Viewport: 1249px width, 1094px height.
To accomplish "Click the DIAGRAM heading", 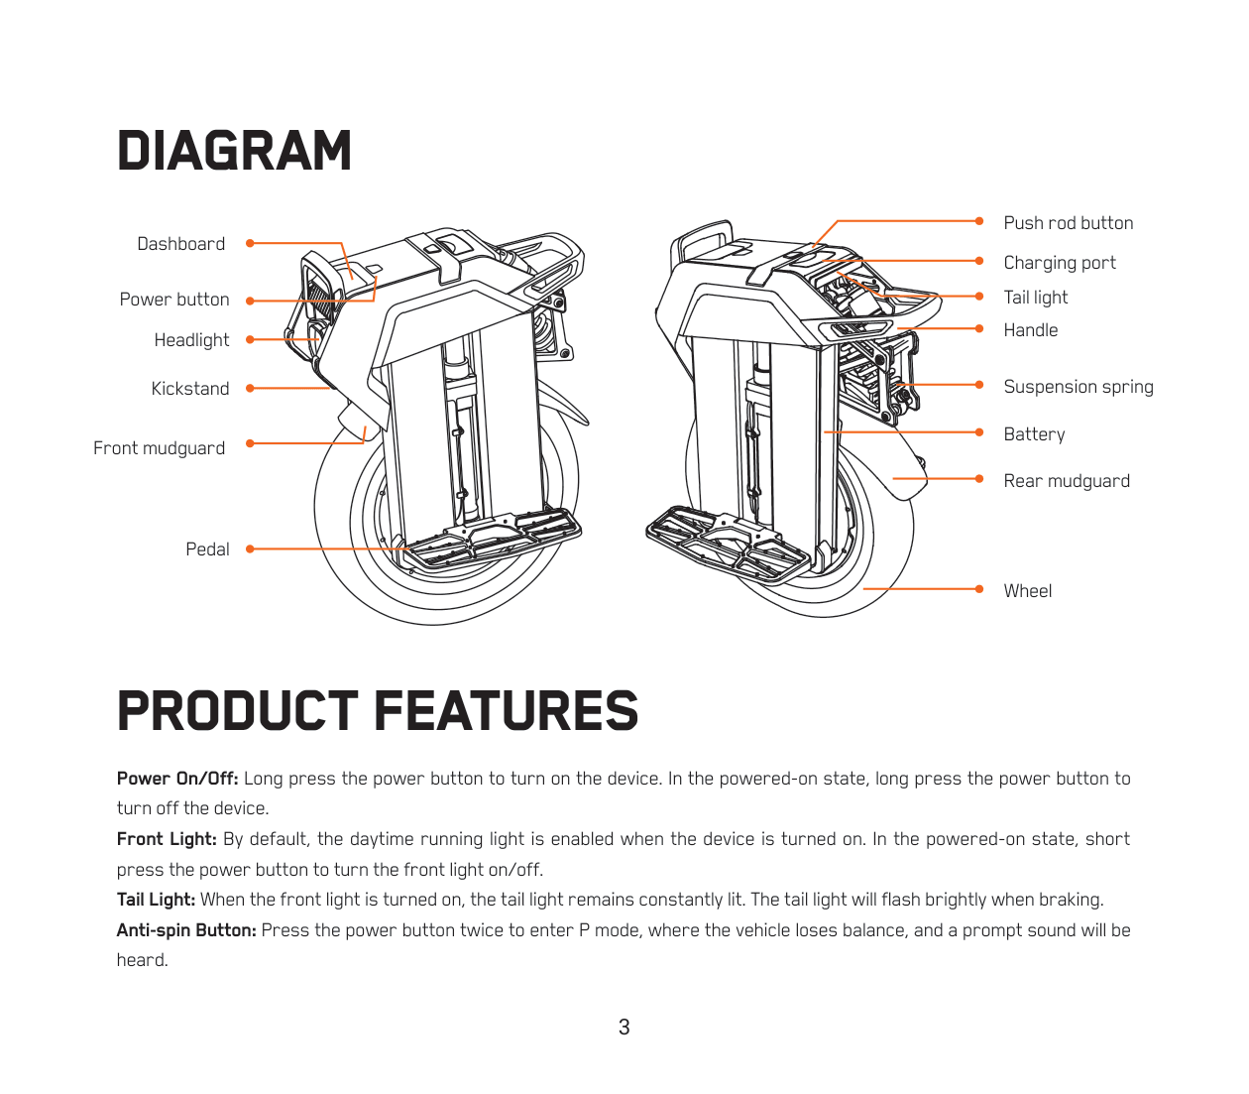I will pos(234,151).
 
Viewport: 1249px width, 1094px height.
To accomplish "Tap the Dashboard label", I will pos(180,244).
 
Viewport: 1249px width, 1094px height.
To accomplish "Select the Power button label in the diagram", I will pos(173,300).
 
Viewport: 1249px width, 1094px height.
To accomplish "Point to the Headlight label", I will pos(191,340).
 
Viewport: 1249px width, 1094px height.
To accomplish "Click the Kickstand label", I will pos(189,389).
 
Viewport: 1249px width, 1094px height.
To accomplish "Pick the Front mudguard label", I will pos(159,448).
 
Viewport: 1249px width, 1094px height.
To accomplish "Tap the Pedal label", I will pos(207,549).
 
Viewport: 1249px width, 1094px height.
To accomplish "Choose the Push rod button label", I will pos(1068,223).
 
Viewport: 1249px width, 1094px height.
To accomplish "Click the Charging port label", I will pos(1059,263).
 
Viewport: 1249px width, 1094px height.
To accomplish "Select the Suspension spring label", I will pos(1078,387).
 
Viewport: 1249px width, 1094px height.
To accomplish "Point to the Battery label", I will pos(1034,434).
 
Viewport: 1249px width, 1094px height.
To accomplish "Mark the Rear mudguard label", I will pos(1066,481).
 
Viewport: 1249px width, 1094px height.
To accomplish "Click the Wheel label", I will pos(1027,591).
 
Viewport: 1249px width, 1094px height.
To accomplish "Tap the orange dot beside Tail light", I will pos(979,297).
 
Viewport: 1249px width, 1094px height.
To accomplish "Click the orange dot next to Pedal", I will pos(250,548).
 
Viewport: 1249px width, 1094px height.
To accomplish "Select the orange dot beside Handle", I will pos(979,328).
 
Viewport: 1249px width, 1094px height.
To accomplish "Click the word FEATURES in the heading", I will pos(507,711).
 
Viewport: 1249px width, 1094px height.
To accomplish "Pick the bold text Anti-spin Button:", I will pos(186,930).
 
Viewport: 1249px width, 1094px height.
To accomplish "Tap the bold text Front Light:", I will pos(167,839).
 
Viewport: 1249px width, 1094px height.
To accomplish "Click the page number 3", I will pos(624,1028).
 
